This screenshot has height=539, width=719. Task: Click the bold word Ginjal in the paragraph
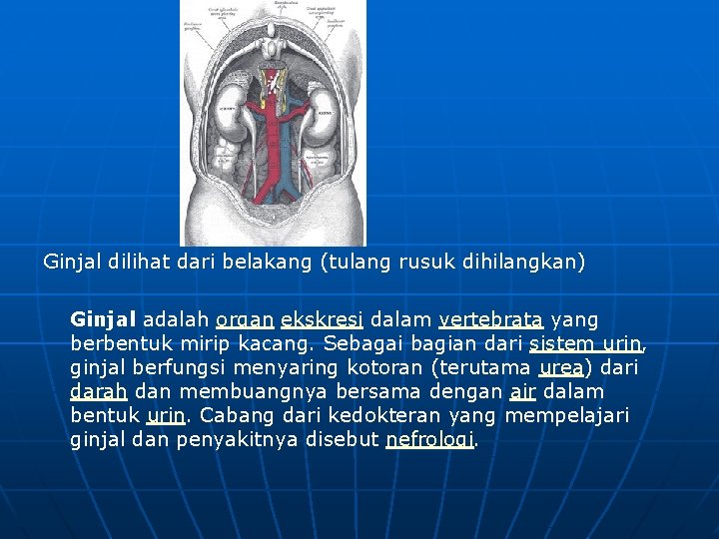[103, 320]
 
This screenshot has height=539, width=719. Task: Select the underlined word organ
[244, 320]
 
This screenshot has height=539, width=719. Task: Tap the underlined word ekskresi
[322, 320]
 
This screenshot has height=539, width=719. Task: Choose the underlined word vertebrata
[490, 320]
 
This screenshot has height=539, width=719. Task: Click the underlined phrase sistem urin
[586, 344]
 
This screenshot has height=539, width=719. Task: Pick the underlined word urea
[561, 368]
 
